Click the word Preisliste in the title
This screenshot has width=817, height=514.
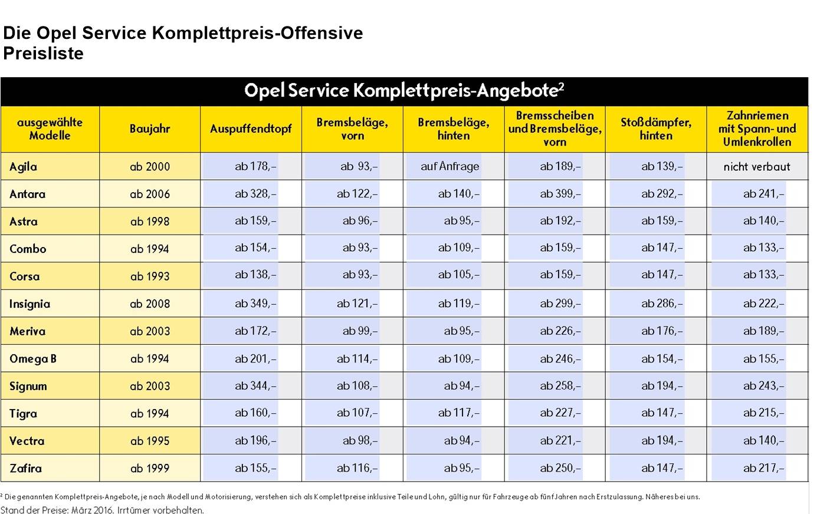pos(44,54)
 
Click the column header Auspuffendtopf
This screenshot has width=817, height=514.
pos(251,128)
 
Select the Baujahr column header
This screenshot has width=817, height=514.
pos(150,128)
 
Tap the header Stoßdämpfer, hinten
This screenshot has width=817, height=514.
pos(656,128)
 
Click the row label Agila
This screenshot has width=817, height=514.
pos(24,167)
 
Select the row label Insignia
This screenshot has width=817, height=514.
pos(29,304)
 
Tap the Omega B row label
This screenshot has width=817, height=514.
pos(33,359)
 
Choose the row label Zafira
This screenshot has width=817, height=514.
pos(25,468)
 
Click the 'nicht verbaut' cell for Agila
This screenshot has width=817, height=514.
pos(757,167)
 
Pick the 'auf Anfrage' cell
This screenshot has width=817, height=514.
pos(449,166)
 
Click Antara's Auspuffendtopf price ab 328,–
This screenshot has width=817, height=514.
pos(255,193)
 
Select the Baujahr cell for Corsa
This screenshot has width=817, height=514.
pos(150,276)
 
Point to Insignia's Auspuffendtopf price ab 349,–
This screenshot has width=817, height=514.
pos(255,304)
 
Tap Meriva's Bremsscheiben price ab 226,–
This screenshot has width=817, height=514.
pos(560,331)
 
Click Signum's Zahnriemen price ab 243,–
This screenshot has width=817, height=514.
pos(763,385)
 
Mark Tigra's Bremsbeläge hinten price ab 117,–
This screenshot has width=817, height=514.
pos(458,413)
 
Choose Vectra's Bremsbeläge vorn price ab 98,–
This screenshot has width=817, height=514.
pos(360,440)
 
